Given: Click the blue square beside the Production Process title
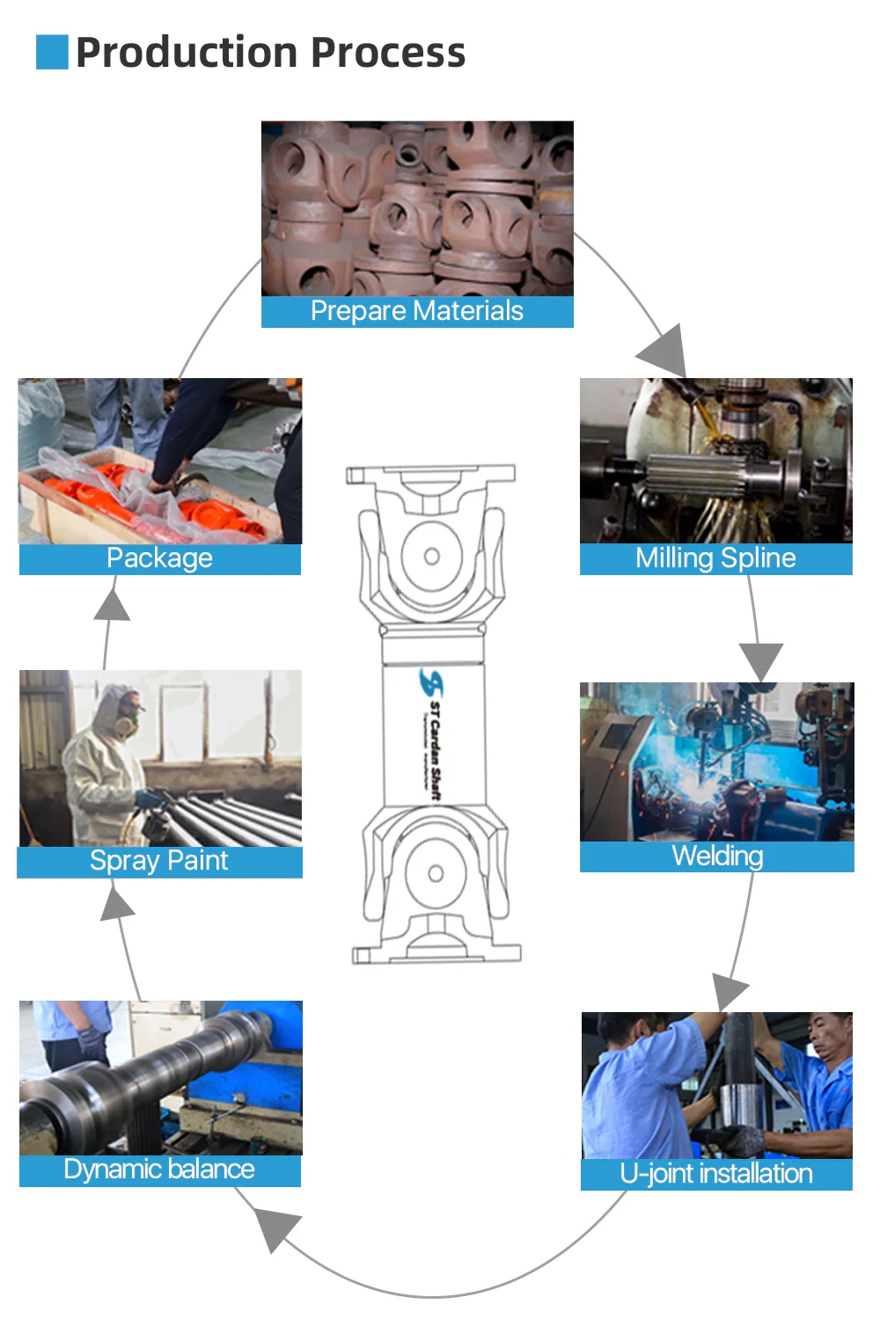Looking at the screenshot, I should (x=52, y=52).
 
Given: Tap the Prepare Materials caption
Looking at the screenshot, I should (x=417, y=311).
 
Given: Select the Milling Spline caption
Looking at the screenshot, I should (x=715, y=558).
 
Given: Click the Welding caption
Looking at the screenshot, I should (x=717, y=856).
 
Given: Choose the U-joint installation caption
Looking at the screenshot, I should (x=716, y=1174).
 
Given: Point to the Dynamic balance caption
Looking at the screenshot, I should (x=159, y=1170).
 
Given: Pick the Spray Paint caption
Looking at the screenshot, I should (x=159, y=861).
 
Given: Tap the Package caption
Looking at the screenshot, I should (x=159, y=558).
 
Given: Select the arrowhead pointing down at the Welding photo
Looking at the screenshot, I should (x=761, y=659).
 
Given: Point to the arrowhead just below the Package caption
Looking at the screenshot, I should (x=112, y=604).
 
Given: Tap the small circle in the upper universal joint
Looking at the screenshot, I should (x=432, y=556).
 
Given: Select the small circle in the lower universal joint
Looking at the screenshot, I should (x=436, y=873).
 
